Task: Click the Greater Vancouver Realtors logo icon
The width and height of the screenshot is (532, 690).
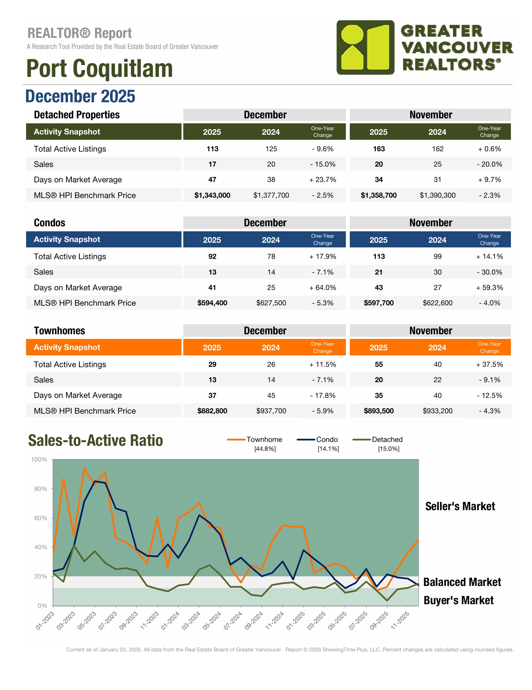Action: click(x=365, y=47)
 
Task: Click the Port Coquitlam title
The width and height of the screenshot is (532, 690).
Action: click(x=99, y=68)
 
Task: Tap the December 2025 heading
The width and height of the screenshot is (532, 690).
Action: click(x=80, y=97)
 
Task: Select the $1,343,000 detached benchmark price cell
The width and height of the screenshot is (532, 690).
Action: click(x=212, y=195)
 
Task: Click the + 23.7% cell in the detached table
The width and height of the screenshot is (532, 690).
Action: click(x=323, y=180)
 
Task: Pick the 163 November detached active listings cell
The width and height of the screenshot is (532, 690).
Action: click(x=379, y=149)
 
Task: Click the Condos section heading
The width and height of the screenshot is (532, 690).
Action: click(x=49, y=223)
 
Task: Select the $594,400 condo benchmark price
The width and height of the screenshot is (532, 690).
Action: click(x=212, y=303)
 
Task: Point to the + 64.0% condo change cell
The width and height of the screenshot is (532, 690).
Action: click(x=323, y=287)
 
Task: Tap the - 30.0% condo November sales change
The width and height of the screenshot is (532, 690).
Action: click(x=489, y=272)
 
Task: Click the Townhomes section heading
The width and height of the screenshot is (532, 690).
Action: click(x=59, y=331)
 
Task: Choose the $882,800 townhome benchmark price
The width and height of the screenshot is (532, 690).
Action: click(x=212, y=411)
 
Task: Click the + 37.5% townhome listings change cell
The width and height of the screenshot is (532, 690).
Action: click(x=489, y=364)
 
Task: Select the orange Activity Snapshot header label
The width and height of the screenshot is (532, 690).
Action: click(x=67, y=348)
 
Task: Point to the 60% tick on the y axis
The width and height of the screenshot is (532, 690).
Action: click(x=40, y=518)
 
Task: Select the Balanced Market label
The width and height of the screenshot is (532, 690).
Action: click(x=462, y=582)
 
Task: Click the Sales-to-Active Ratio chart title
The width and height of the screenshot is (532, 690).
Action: click(x=95, y=440)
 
